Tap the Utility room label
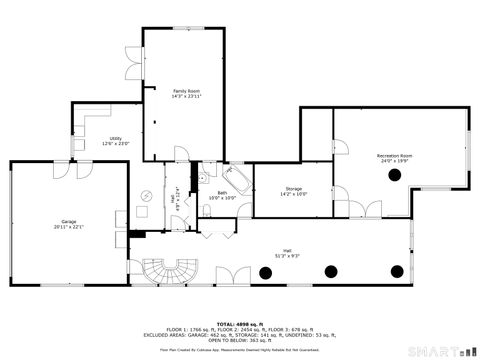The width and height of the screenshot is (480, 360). [116, 138]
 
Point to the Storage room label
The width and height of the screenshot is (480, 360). [293, 188]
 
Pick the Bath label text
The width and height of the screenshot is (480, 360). [222, 193]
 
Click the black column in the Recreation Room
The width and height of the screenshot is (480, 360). [394, 175]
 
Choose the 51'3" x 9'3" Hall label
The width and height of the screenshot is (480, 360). [287, 256]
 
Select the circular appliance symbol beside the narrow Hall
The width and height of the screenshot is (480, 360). [143, 197]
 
